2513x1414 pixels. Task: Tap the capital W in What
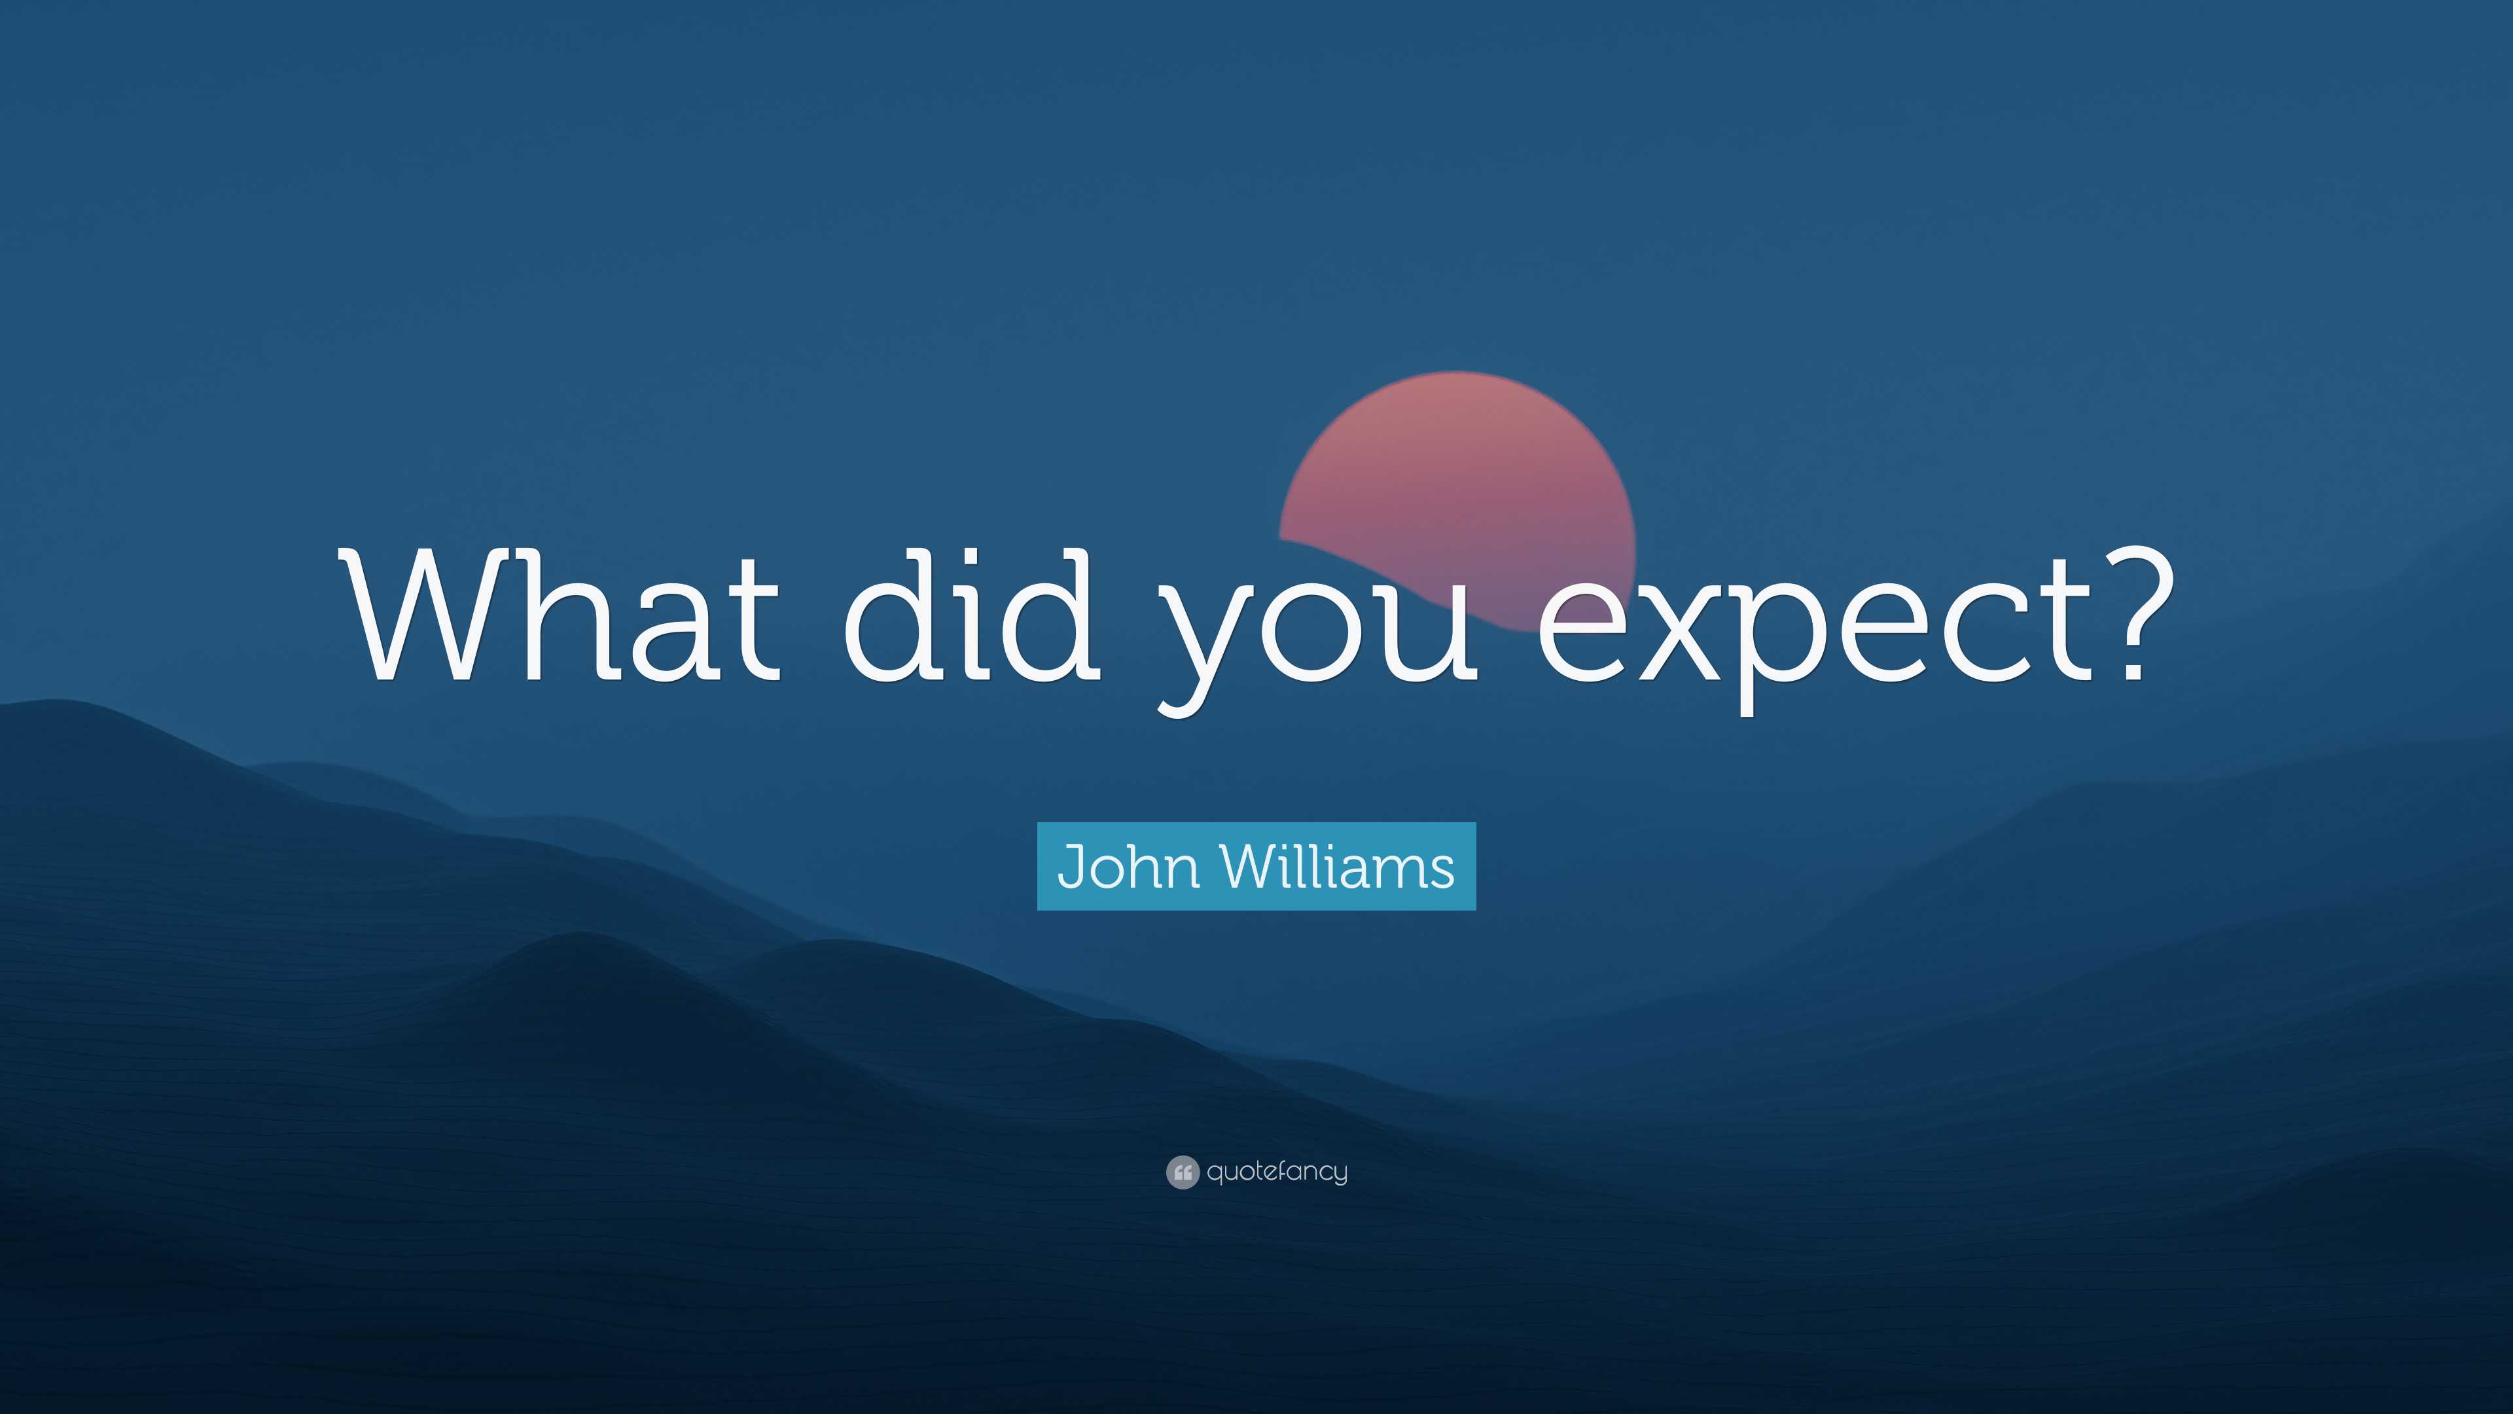(x=421, y=615)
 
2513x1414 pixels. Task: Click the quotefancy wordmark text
(x=1277, y=1171)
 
